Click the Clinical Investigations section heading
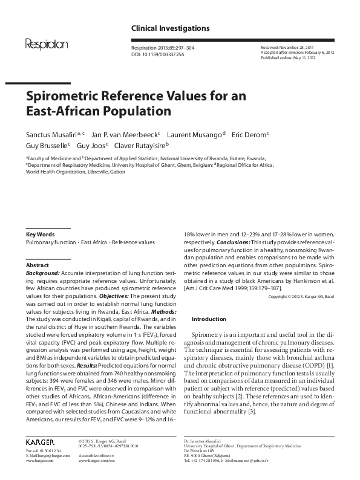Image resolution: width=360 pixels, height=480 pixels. coord(171,28)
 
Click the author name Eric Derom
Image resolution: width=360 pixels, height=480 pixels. coord(249,134)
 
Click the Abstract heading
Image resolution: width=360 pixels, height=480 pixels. coord(38,265)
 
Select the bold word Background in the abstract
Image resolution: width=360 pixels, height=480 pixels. coord(42,273)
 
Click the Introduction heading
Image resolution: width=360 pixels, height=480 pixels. coord(209,319)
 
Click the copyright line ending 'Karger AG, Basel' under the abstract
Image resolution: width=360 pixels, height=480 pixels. coord(298,297)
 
